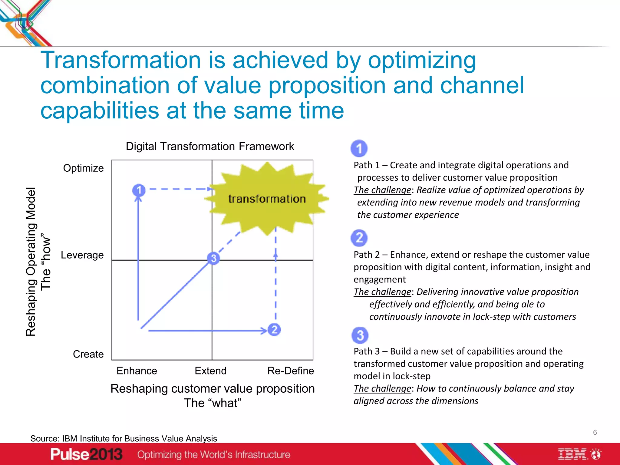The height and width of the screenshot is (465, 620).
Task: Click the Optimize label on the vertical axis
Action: pos(83,168)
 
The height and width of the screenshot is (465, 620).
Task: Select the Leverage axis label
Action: pos(82,255)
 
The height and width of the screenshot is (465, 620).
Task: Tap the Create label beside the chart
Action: pos(88,354)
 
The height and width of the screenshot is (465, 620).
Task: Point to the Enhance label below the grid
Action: pos(137,371)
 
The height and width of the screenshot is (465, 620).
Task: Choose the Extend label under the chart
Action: pos(210,371)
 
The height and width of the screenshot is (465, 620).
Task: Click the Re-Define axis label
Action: pos(291,371)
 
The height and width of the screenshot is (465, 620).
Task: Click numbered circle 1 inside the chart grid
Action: pos(139,190)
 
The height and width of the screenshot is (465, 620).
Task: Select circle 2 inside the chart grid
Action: pos(274,329)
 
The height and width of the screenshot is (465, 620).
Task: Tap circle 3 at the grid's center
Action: pos(213,258)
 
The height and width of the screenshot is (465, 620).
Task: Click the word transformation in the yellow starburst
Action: pos(267,199)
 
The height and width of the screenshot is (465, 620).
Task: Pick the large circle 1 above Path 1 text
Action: pos(359,148)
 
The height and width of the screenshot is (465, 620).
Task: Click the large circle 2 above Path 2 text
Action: pos(359,238)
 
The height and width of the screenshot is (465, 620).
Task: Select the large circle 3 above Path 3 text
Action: pos(360,335)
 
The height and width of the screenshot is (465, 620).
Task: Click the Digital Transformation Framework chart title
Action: pos(210,146)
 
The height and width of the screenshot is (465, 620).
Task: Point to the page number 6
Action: pos(595,432)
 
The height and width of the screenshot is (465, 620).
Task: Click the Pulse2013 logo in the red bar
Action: pos(86,454)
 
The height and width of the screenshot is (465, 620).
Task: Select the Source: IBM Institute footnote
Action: pos(124,438)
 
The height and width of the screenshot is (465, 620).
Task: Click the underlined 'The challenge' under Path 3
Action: pos(382,388)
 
